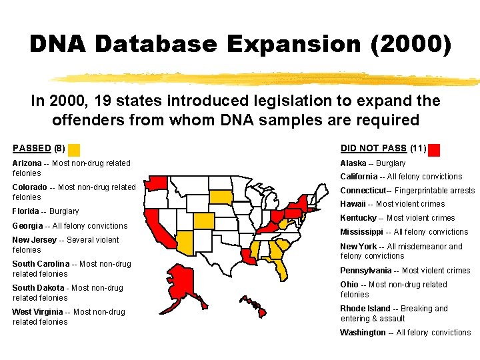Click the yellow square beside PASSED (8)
pyautogui.click(x=74, y=149)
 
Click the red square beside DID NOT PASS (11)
pyautogui.click(x=434, y=149)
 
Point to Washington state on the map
pyautogui.click(x=157, y=182)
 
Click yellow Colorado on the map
pyautogui.click(x=205, y=221)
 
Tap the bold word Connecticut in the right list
pyautogui.click(x=363, y=191)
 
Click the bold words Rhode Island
pyautogui.click(x=365, y=309)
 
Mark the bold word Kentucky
pyautogui.click(x=358, y=218)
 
